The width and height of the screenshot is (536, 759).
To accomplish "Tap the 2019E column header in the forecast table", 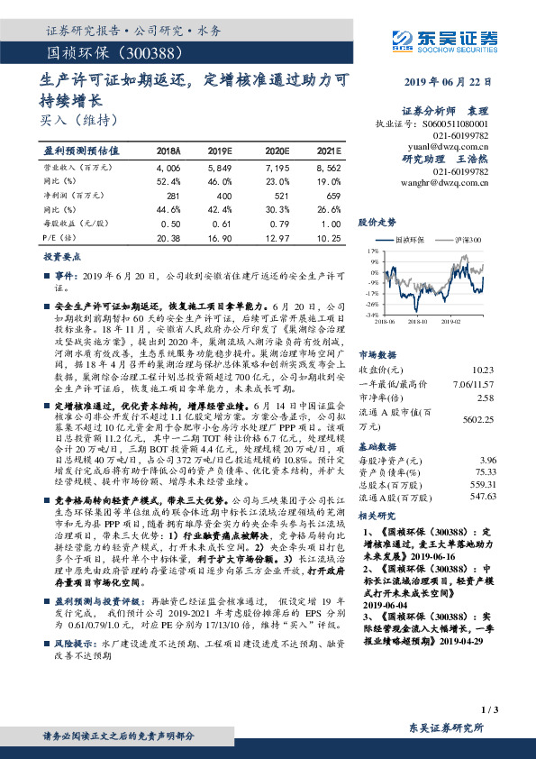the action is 220,151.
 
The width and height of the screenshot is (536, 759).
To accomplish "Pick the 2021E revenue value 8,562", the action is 328,168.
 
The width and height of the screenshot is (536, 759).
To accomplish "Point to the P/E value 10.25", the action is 328,238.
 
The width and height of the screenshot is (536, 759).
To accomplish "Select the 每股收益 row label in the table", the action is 68,224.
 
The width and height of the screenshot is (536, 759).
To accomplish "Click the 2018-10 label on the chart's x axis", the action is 417,320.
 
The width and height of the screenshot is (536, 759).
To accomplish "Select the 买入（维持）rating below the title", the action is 79,118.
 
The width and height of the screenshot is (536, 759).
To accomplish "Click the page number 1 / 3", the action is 490,710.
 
